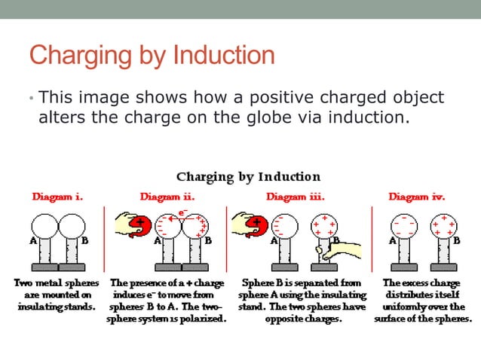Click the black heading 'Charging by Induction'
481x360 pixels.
[248, 176]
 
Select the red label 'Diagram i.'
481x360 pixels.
[57, 197]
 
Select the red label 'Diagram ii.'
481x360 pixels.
[167, 197]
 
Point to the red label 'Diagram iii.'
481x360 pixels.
[296, 197]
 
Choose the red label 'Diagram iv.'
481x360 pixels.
[416, 197]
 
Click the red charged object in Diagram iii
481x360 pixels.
[259, 224]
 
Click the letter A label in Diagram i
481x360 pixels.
[32, 242]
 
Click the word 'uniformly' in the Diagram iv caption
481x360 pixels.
[407, 307]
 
